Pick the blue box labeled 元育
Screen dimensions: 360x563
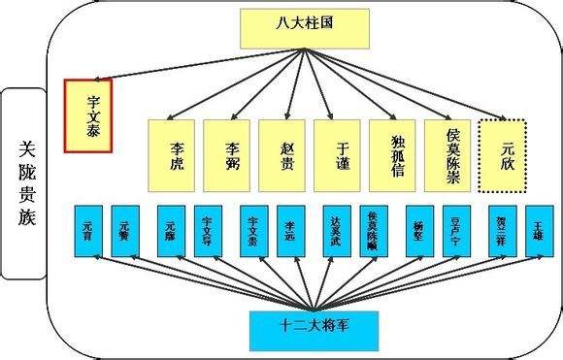[x=86, y=230]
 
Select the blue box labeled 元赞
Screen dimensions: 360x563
[x=127, y=230]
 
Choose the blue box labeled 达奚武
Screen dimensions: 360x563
[x=337, y=230]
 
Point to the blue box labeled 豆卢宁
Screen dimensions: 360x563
[x=457, y=230]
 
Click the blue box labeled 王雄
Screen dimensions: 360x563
[x=539, y=230]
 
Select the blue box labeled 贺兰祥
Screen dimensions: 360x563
[x=502, y=230]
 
